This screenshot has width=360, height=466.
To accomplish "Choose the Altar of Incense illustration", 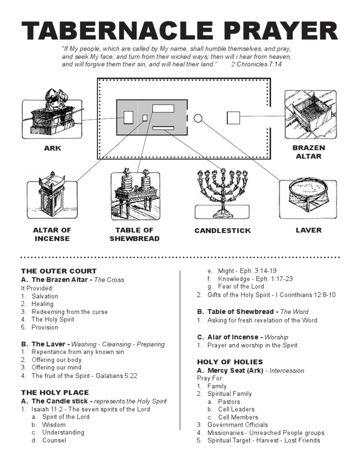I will [x=52, y=194].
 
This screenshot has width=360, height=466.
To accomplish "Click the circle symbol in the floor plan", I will [x=198, y=118].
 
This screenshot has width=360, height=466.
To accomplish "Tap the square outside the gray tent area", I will [x=233, y=118].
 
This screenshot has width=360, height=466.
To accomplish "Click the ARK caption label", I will [x=52, y=149].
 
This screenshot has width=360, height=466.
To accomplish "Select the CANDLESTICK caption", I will [x=223, y=231].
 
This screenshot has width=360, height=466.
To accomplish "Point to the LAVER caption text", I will [x=308, y=230].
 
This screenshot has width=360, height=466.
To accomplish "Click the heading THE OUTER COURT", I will [x=59, y=271].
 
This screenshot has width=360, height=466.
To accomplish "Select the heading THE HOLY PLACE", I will [x=55, y=392].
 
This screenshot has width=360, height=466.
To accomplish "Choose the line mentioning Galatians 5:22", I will [x=84, y=376].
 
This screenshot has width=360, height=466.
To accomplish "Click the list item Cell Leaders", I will [x=236, y=409].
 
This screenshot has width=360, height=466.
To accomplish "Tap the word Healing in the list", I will [x=42, y=304].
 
